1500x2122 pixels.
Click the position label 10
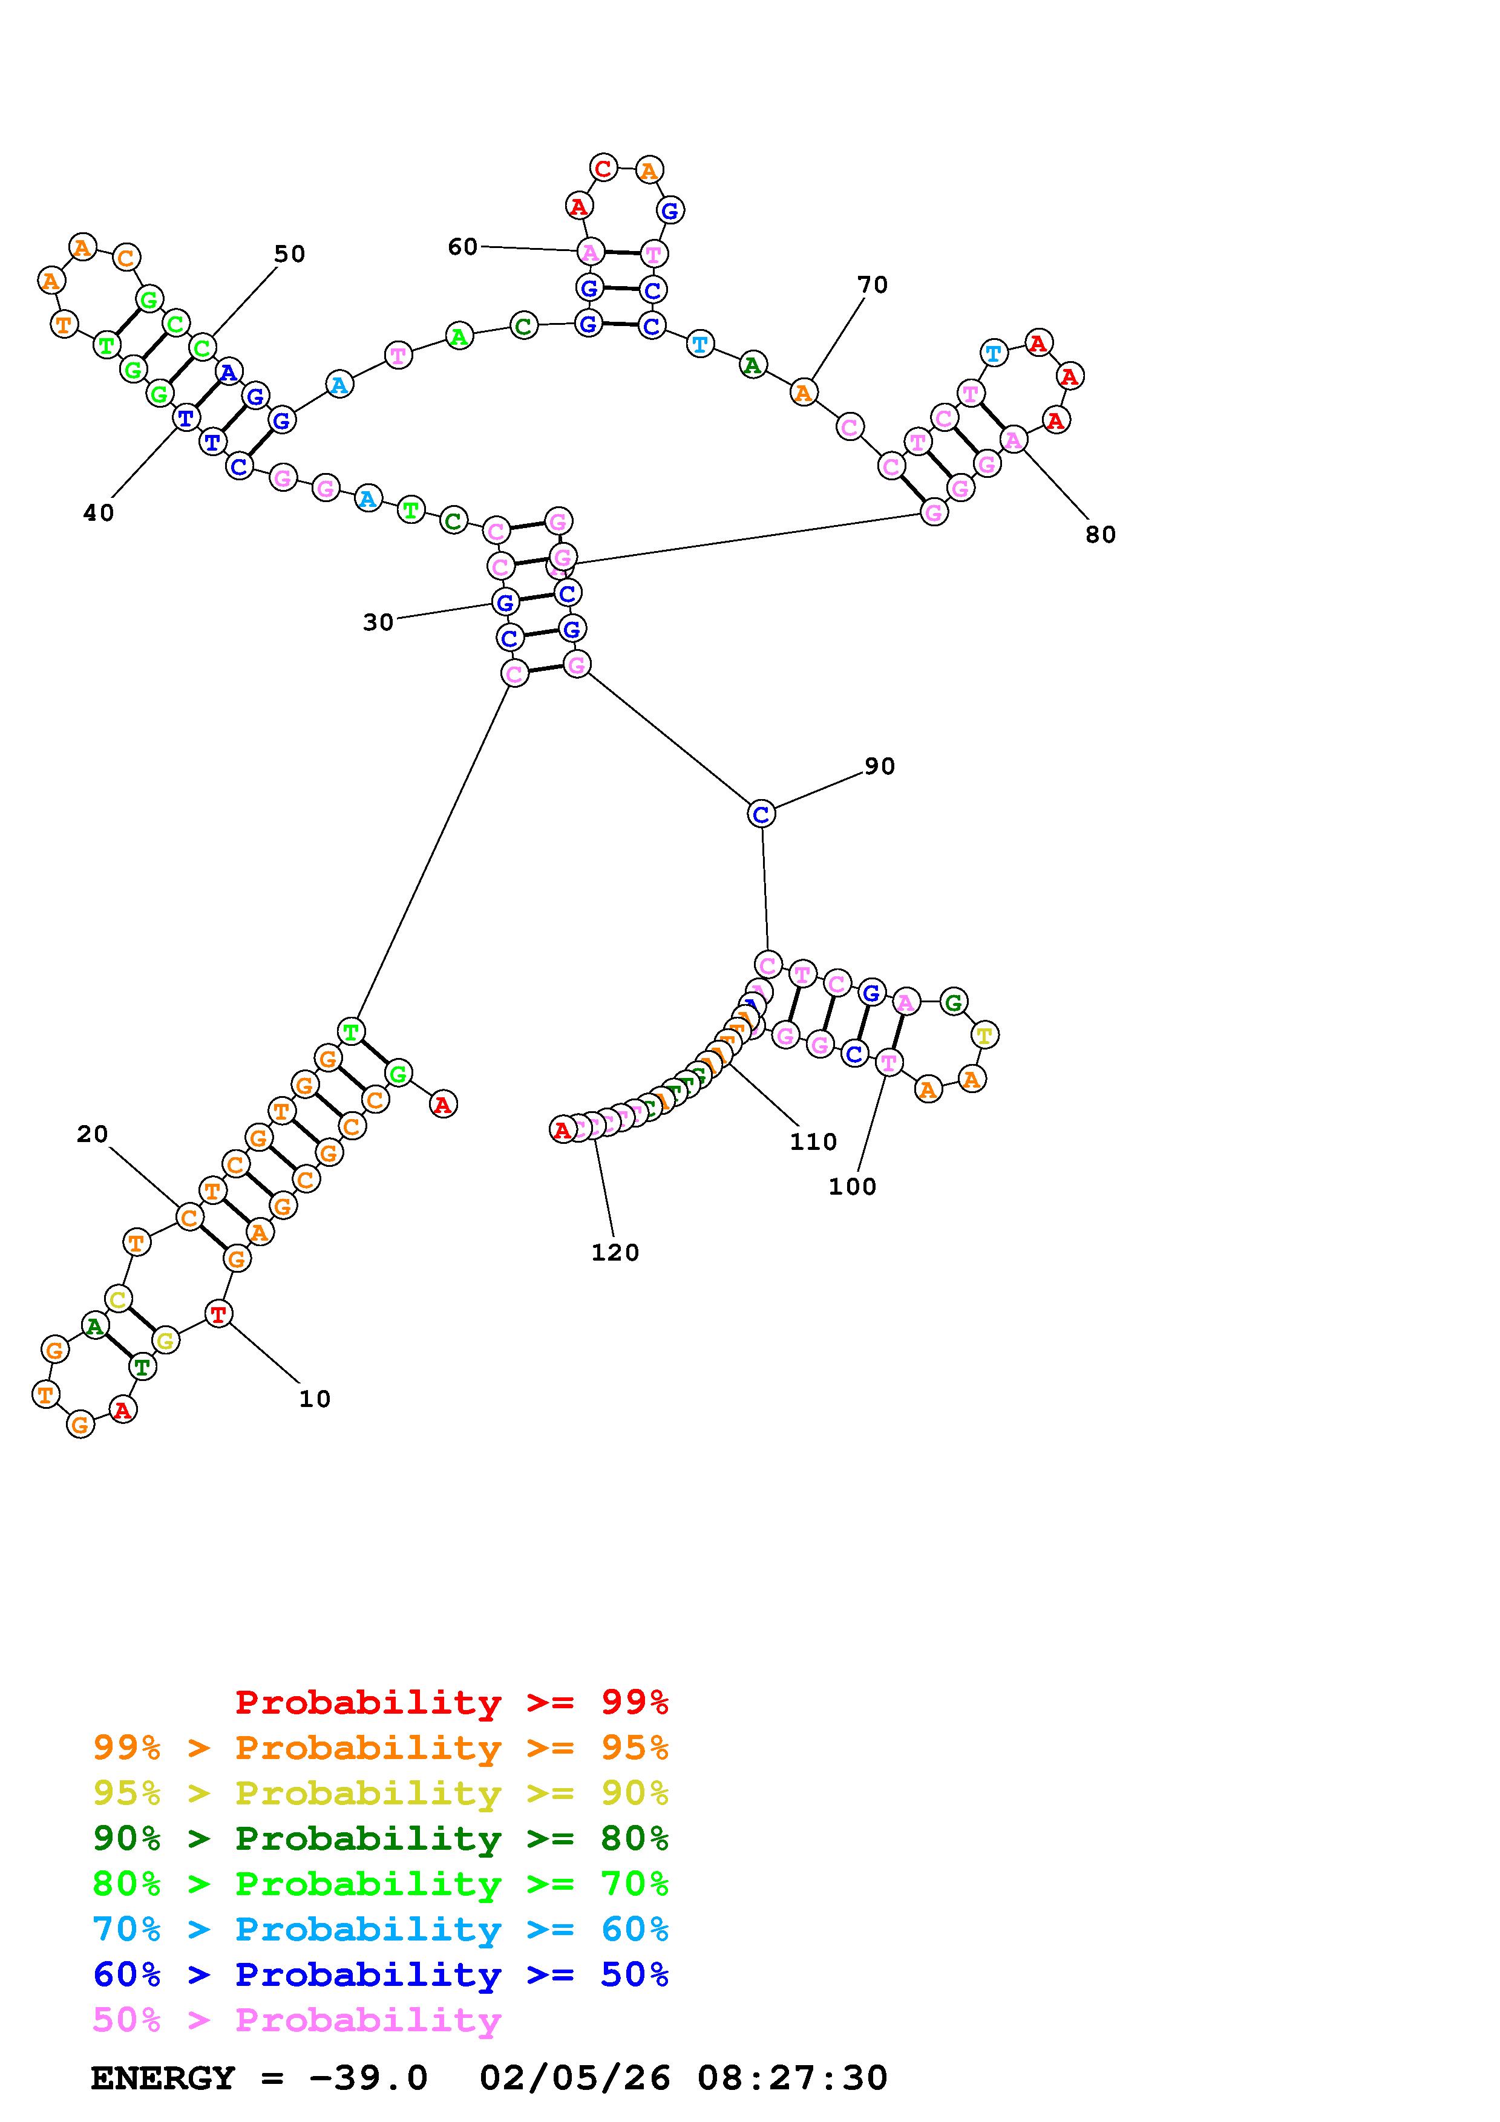pos(314,1399)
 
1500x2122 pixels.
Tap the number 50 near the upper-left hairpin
pos(289,254)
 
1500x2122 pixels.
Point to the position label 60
pos(462,247)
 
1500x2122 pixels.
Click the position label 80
pos(1100,535)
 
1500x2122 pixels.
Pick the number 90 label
pos(879,766)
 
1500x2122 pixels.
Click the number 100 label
pos(851,1187)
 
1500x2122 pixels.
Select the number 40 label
pos(98,513)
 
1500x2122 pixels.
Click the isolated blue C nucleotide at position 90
pos(761,814)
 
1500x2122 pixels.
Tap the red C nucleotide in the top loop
pos(603,168)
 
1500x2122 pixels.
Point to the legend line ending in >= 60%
pos(380,1930)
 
